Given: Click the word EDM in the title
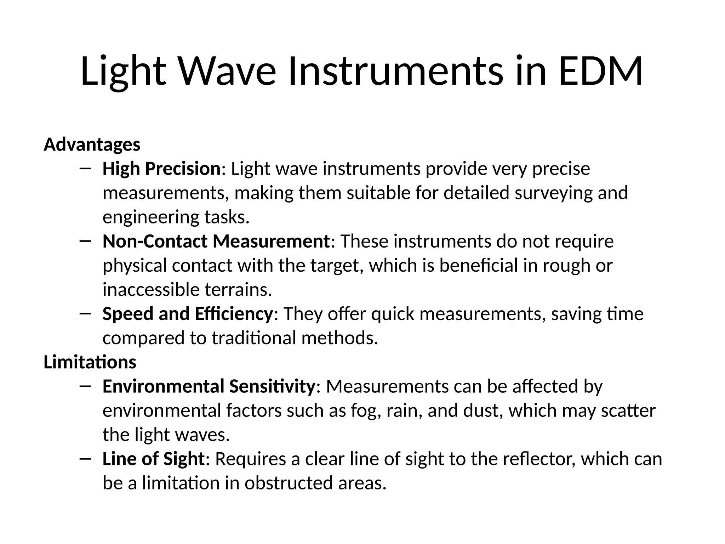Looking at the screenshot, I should [600, 71].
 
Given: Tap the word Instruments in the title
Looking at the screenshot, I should [395, 71].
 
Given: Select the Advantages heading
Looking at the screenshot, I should [92, 145].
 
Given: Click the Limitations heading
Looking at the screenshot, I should [90, 362].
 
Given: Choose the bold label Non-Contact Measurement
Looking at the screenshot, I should [216, 242].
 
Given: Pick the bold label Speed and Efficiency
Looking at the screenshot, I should [188, 314].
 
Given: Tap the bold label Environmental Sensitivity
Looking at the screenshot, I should [209, 386].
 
